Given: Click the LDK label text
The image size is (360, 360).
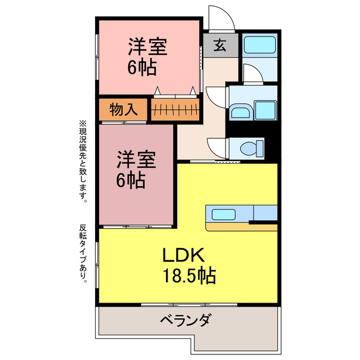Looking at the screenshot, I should (179, 255).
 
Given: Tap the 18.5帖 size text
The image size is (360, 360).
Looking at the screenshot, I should (188, 276).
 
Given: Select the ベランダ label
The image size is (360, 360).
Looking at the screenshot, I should (186, 322).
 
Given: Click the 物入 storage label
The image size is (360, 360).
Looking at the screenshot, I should (123, 110).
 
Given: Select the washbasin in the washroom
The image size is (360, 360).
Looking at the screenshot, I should (241, 111).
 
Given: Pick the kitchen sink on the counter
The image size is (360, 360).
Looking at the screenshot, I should (223, 214).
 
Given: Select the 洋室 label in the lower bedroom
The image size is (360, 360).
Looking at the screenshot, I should (136, 160).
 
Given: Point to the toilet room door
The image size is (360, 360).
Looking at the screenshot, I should (215, 147).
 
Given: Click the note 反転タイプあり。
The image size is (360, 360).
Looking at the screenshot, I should (83, 253).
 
